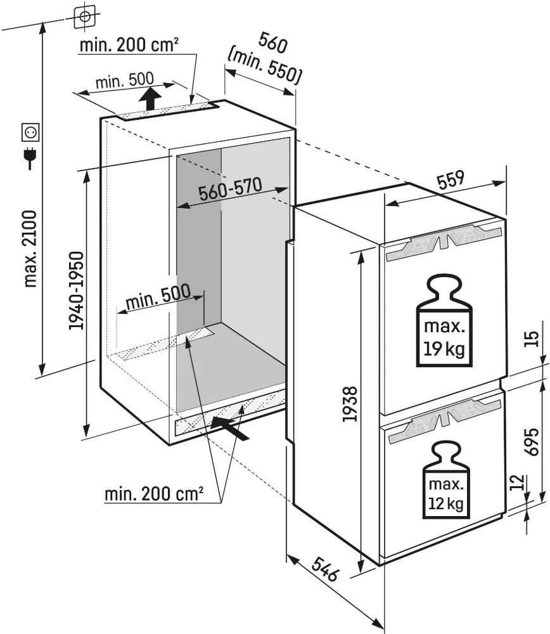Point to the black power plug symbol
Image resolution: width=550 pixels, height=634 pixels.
[30, 158]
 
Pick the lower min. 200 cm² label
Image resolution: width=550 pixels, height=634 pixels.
[154, 494]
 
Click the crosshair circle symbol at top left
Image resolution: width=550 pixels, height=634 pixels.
[84, 15]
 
